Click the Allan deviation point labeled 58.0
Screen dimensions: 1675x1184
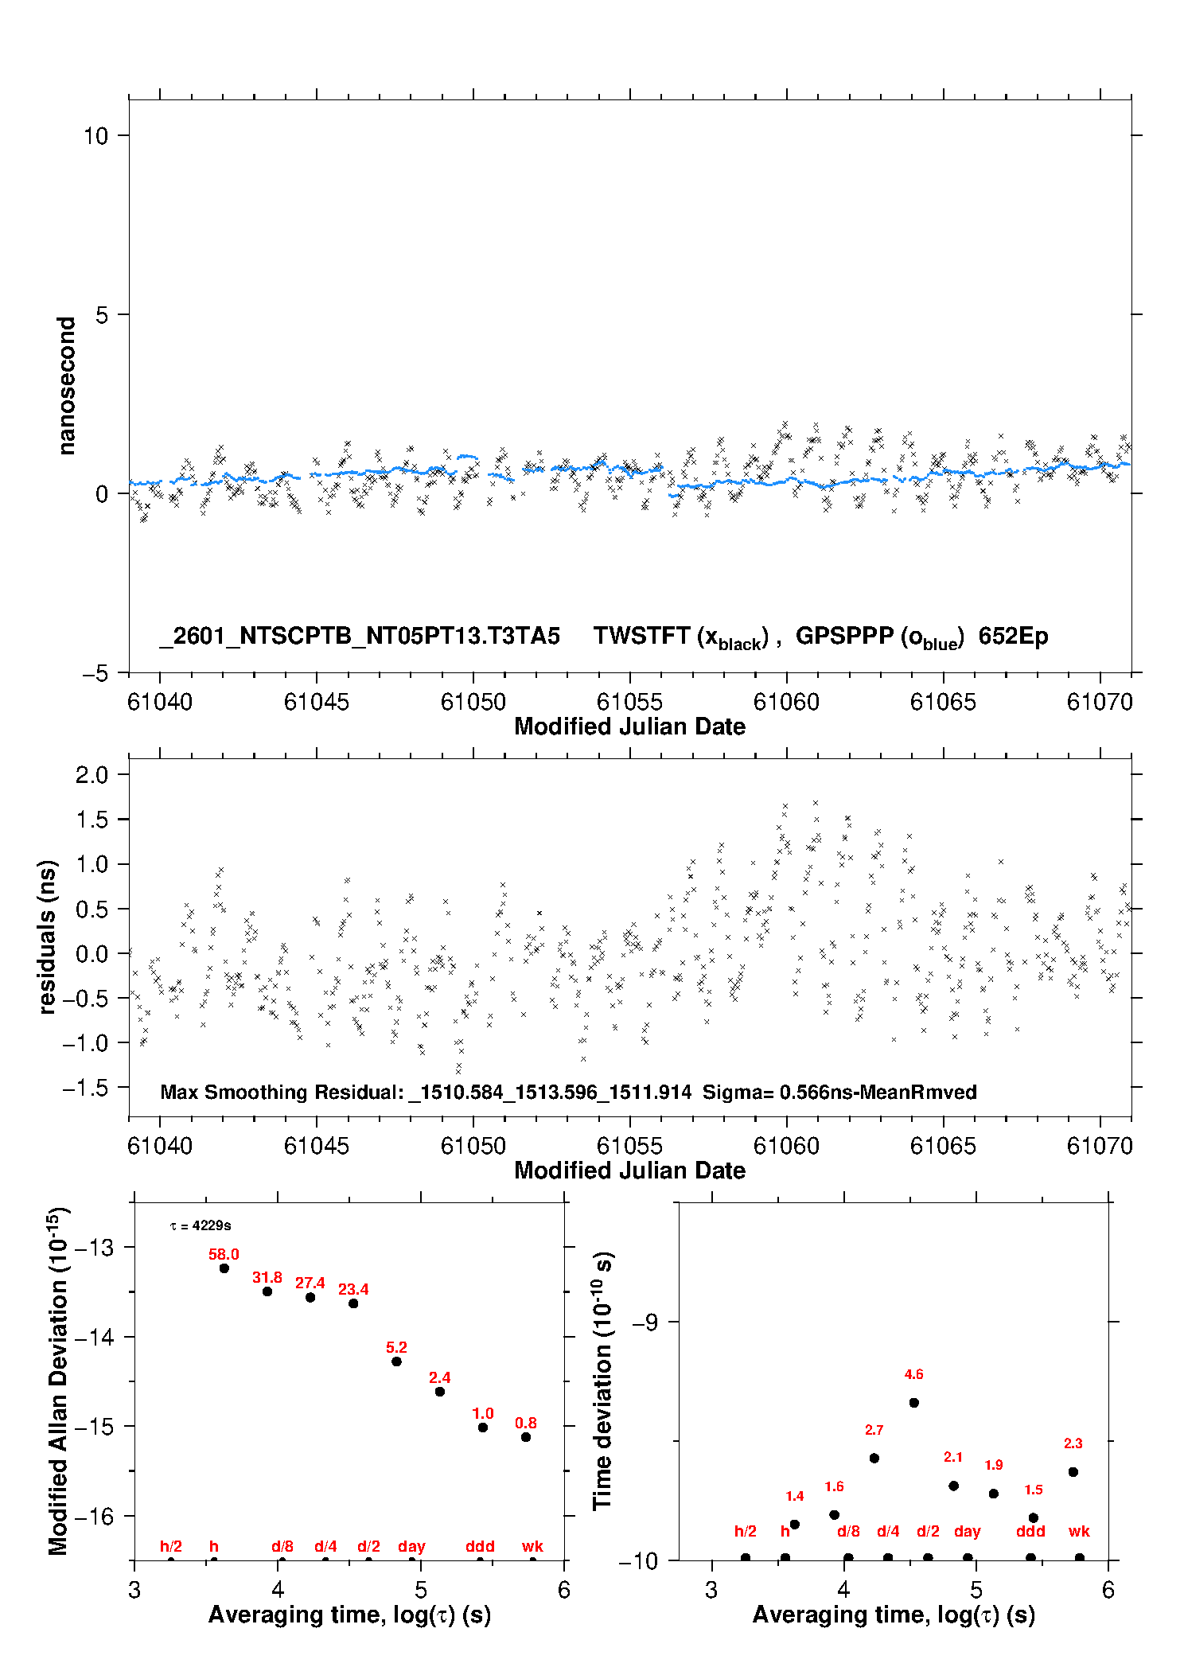coord(224,1268)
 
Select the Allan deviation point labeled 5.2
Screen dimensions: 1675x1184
coord(396,1361)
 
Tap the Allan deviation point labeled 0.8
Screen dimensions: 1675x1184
coord(526,1437)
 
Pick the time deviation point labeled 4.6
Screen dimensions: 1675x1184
coord(914,1403)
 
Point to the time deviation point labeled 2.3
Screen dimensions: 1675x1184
coord(1073,1472)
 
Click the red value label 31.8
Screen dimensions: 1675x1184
coord(267,1277)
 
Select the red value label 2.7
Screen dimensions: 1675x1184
coord(874,1430)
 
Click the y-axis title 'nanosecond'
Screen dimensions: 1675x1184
coord(67,386)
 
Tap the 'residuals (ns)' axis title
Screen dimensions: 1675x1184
coord(48,937)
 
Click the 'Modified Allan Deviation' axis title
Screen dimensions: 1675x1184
coord(58,1381)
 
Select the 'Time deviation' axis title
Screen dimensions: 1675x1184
coord(602,1381)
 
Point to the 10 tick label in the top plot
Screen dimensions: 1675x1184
coord(95,136)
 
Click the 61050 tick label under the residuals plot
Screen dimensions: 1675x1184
coord(473,1146)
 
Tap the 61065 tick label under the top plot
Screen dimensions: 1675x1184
coord(943,702)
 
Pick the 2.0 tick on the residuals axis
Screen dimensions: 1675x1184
coord(92,774)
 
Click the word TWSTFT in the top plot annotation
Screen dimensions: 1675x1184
coord(641,636)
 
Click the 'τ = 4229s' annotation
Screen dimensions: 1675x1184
coord(201,1226)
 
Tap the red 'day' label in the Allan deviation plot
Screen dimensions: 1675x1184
coord(411,1546)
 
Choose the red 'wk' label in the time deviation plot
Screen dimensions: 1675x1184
coord(1079,1531)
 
